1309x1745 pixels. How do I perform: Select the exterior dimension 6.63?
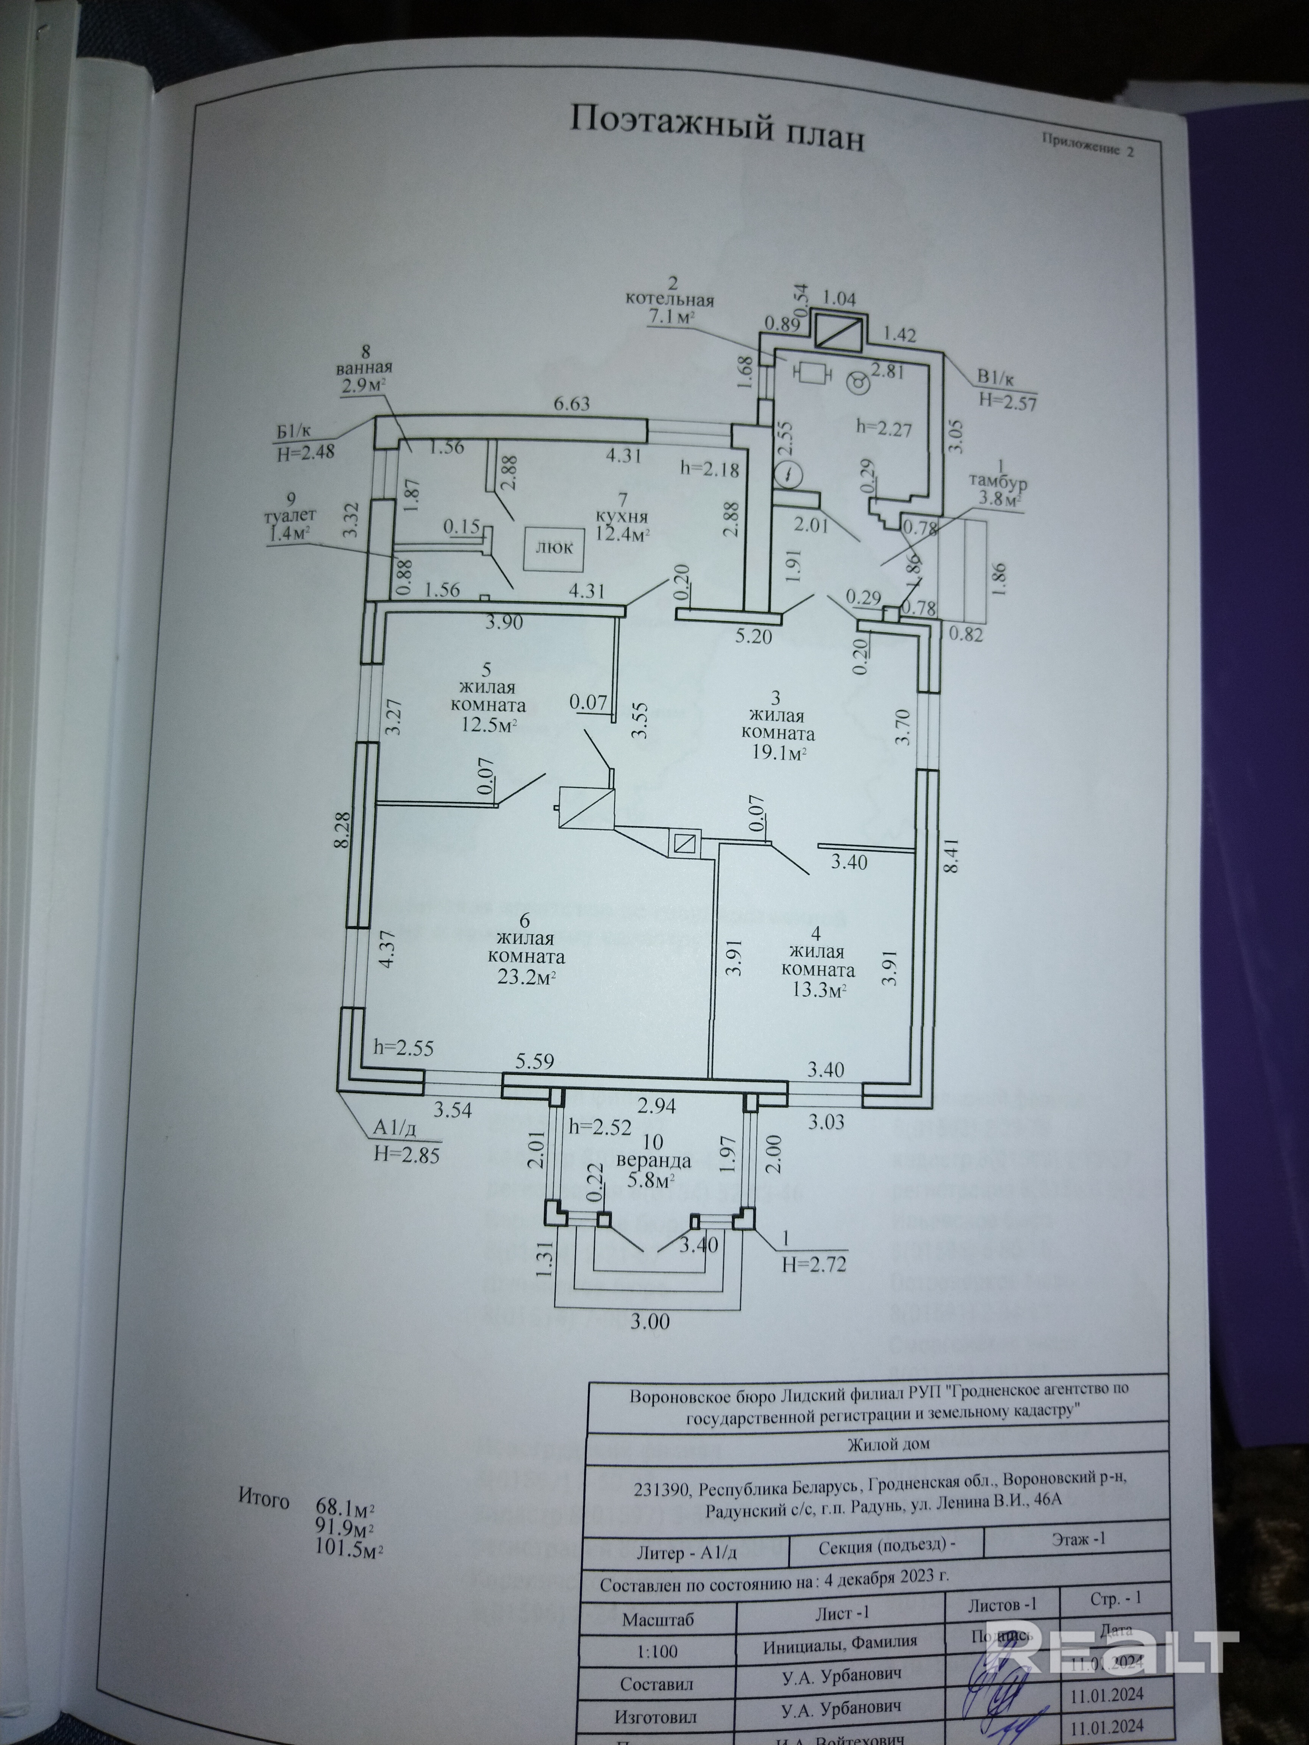(x=572, y=405)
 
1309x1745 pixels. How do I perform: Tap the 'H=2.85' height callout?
(x=407, y=1156)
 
